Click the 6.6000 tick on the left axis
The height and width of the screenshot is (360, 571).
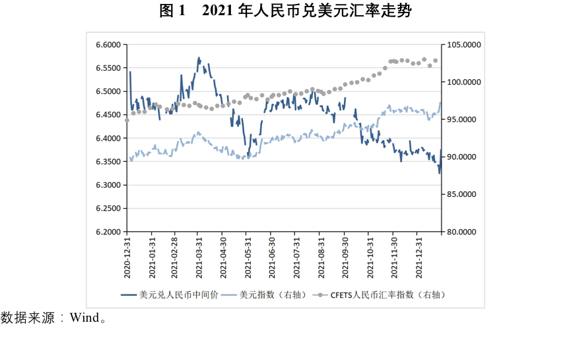(x=108, y=45)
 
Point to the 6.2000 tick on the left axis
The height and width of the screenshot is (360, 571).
(x=108, y=232)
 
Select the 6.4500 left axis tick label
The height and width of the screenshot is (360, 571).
(x=108, y=115)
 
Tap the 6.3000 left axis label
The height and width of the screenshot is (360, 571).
(x=108, y=185)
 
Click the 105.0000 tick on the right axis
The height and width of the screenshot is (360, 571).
(x=464, y=45)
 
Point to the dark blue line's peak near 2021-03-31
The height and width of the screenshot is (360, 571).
(x=199, y=58)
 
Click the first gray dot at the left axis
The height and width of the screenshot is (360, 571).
(x=127, y=120)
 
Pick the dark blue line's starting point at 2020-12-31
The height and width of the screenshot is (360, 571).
(x=130, y=71)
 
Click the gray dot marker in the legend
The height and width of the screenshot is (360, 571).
(x=321, y=295)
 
